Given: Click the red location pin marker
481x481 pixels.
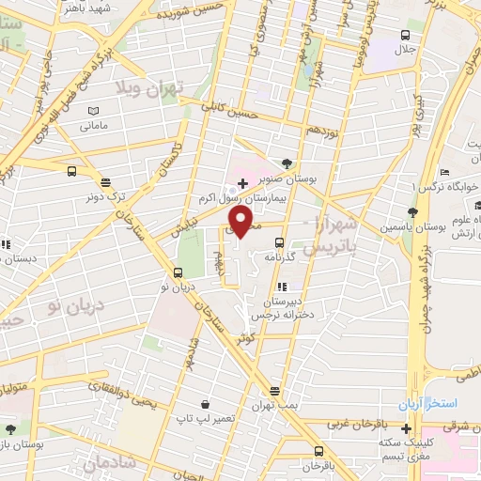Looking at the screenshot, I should pyautogui.click(x=240, y=222).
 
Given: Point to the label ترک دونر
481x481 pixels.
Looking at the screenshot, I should pyautogui.click(x=105, y=198).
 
